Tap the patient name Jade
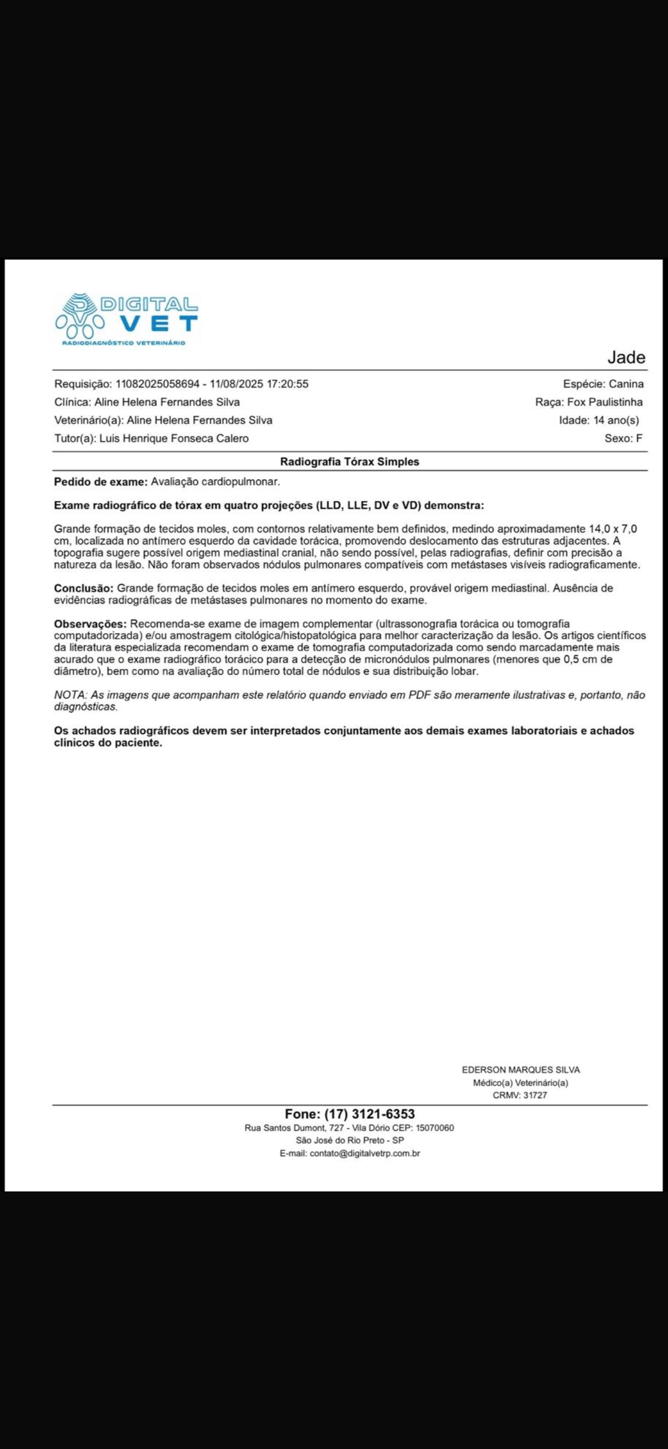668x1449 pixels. coord(626,357)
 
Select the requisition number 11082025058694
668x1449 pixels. coord(157,384)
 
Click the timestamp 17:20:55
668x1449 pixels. coord(287,384)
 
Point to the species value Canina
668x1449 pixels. coord(626,384)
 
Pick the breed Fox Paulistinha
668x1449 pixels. coord(604,402)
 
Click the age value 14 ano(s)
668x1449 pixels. coord(616,420)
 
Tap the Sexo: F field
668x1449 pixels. coord(623,438)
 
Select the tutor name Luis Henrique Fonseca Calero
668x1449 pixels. coord(174,438)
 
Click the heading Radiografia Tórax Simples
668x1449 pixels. coord(350,462)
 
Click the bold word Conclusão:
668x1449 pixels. coord(84,588)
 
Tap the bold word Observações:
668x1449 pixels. coord(91,624)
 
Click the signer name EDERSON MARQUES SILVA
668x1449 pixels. coord(521,1070)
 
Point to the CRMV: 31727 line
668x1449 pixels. coord(519,1095)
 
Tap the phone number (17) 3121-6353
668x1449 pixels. coord(369,1114)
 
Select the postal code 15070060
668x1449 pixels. coord(434,1128)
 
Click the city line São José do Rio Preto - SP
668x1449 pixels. coord(350,1140)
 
